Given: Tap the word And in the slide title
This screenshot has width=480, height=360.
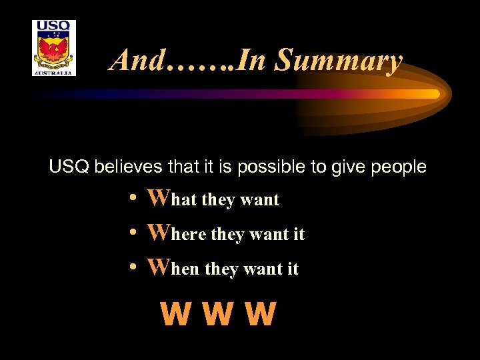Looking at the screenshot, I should click(x=137, y=60).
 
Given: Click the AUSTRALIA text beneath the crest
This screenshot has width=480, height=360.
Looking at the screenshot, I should click(x=54, y=73).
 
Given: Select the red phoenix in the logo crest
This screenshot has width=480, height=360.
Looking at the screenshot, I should click(x=54, y=51).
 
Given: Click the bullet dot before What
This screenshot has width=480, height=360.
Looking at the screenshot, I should click(x=134, y=199).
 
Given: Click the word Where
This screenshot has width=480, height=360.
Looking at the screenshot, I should click(x=177, y=233).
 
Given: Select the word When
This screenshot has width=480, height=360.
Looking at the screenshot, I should click(x=174, y=268).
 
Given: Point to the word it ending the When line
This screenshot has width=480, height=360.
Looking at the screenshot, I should click(x=292, y=269).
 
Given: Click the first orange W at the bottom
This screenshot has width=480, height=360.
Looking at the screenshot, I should click(x=175, y=315).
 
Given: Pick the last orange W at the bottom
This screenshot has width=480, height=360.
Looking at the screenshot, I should click(x=259, y=315).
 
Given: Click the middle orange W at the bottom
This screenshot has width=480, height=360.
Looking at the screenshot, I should click(x=217, y=315).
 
